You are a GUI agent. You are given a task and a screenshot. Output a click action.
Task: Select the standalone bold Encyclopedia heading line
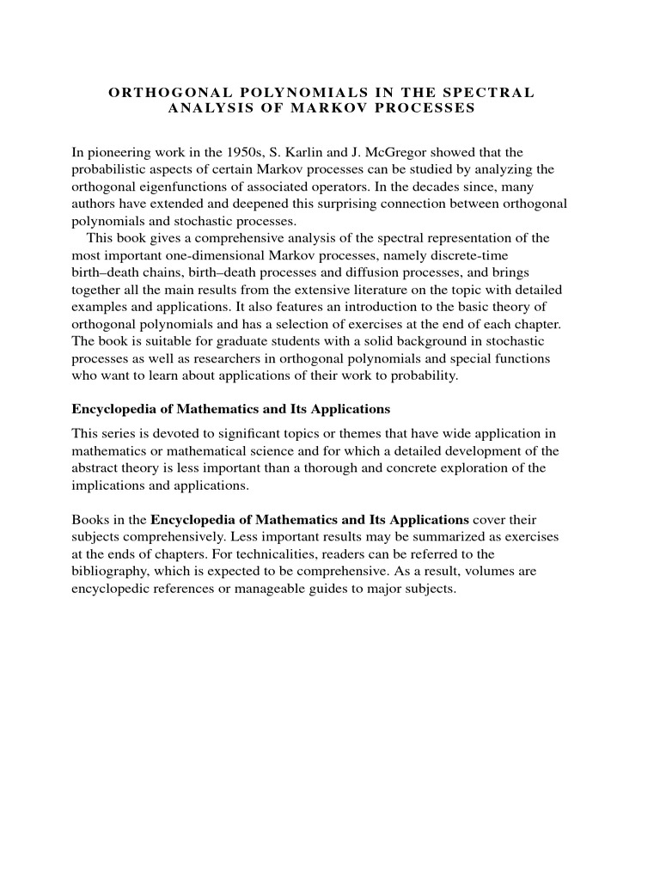click(230, 408)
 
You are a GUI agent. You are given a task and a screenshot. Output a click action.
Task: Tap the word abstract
click(95, 467)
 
